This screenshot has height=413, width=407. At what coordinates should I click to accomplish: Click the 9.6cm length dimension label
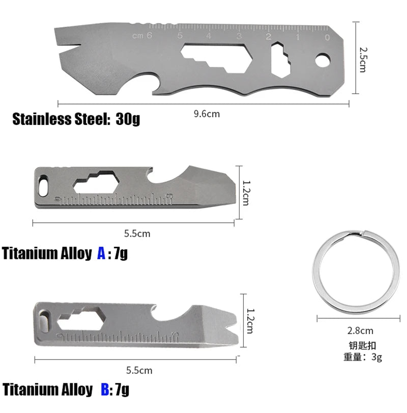[x=207, y=114]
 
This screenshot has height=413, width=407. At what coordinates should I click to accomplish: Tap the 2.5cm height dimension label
[x=363, y=60]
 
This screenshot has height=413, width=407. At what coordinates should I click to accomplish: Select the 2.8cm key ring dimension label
[x=360, y=330]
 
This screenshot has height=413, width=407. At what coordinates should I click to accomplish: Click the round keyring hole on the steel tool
[x=323, y=60]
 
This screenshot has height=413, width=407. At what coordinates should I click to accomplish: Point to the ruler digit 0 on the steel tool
[x=327, y=37]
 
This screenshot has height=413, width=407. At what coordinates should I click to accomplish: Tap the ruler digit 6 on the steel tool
[x=149, y=35]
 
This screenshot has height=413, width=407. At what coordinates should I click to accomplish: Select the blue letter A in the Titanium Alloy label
[x=101, y=253]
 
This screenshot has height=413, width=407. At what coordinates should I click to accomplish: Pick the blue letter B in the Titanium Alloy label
[x=105, y=390]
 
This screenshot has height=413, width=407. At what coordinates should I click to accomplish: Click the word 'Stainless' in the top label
[x=42, y=119]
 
